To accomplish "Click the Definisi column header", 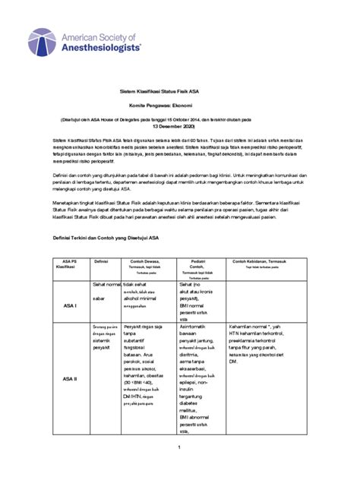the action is coord(102,261).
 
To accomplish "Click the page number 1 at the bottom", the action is coord(179,448).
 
